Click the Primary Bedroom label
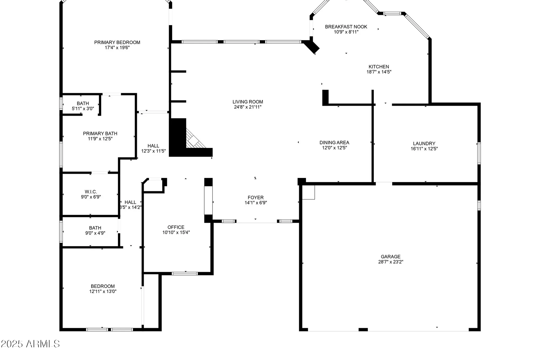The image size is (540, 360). pos(117,42)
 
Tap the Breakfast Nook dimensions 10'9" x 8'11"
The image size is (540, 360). pos(346,32)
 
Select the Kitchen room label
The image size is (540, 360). pos(379,67)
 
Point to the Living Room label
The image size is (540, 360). pos(248,102)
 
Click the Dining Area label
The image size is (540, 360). pos(334,143)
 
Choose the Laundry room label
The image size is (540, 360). pos(424,143)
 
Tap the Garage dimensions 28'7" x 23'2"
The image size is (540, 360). pos(390,262)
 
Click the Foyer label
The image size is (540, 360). pos(255,198)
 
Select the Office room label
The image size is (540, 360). pos(176,227)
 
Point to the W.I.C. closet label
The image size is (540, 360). pos(91,192)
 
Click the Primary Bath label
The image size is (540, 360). pos(100,133)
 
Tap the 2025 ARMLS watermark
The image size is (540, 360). pos(30,344)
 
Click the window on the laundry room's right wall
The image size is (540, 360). pos(479,153)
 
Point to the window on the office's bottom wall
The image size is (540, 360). pos(185,274)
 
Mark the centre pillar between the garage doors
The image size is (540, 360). pos(363,329)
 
